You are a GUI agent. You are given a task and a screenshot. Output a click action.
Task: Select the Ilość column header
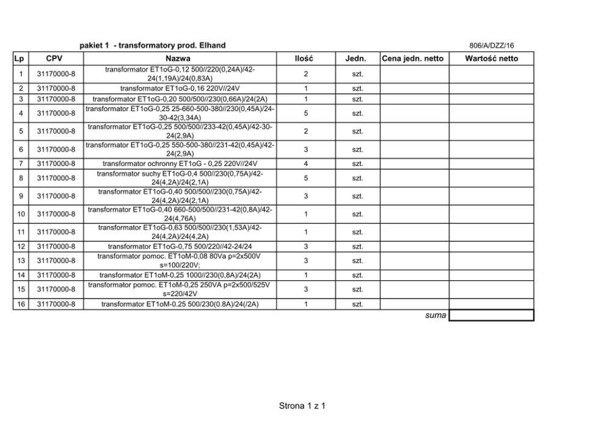(304, 59)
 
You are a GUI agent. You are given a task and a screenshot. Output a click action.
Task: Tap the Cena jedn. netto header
(413, 59)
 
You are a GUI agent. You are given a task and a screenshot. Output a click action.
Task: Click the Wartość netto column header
(491, 59)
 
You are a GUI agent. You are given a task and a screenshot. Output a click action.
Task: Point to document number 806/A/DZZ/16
(491, 45)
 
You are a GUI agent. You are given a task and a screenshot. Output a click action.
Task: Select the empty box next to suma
(491, 315)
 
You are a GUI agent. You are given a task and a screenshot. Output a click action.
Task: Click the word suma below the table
(436, 315)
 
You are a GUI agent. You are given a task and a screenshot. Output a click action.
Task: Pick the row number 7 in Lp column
(21, 164)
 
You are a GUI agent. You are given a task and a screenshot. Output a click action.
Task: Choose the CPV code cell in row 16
(56, 304)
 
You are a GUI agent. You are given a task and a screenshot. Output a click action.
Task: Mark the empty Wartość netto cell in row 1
(491, 74)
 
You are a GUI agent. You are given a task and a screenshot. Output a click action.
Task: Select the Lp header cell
(21, 59)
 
